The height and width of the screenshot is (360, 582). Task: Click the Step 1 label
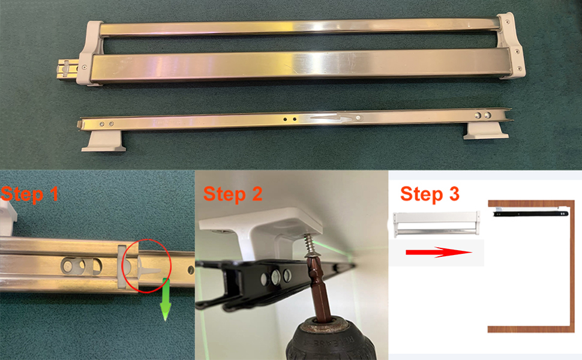(29, 194)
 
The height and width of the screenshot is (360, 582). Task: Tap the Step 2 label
(233, 194)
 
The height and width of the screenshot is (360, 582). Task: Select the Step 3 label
(430, 194)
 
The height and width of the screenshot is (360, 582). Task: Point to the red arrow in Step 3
(439, 253)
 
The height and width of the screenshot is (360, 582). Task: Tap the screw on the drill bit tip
(309, 247)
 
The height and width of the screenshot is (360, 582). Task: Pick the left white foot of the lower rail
(104, 140)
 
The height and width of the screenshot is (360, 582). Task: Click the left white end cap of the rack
(90, 53)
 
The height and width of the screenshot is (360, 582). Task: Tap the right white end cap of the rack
(511, 46)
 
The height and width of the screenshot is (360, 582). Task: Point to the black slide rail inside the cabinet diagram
(530, 214)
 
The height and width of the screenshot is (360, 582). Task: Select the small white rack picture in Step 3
(437, 224)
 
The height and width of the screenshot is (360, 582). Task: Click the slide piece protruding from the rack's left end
(68, 69)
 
